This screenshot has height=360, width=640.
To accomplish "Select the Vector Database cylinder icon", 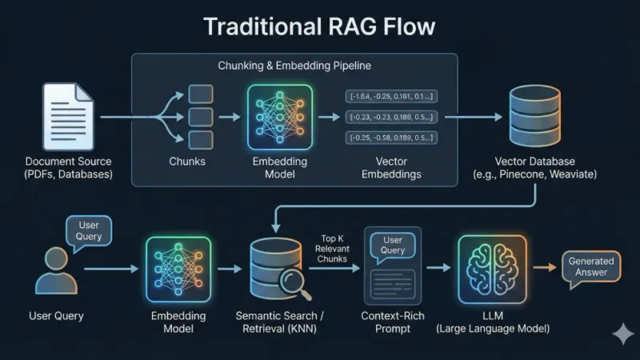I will (534, 117).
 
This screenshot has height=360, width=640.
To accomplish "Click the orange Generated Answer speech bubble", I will (591, 267).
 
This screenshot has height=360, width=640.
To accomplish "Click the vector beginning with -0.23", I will (392, 117).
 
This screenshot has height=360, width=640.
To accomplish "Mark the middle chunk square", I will (200, 117).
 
